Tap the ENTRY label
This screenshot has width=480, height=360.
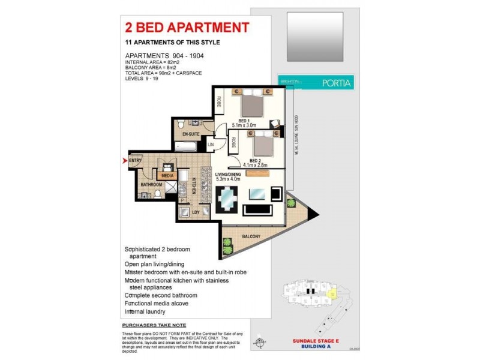[135, 161]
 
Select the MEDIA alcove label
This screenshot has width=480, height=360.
[167, 176]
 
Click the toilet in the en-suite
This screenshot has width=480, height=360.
[181, 124]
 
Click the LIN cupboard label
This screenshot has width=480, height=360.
[211, 145]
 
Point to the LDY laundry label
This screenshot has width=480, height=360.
[196, 212]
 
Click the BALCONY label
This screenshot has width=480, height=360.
[251, 237]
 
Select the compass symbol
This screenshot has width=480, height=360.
[260, 344]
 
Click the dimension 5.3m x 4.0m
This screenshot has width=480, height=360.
[227, 178]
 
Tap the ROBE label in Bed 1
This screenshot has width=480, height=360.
[219, 102]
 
